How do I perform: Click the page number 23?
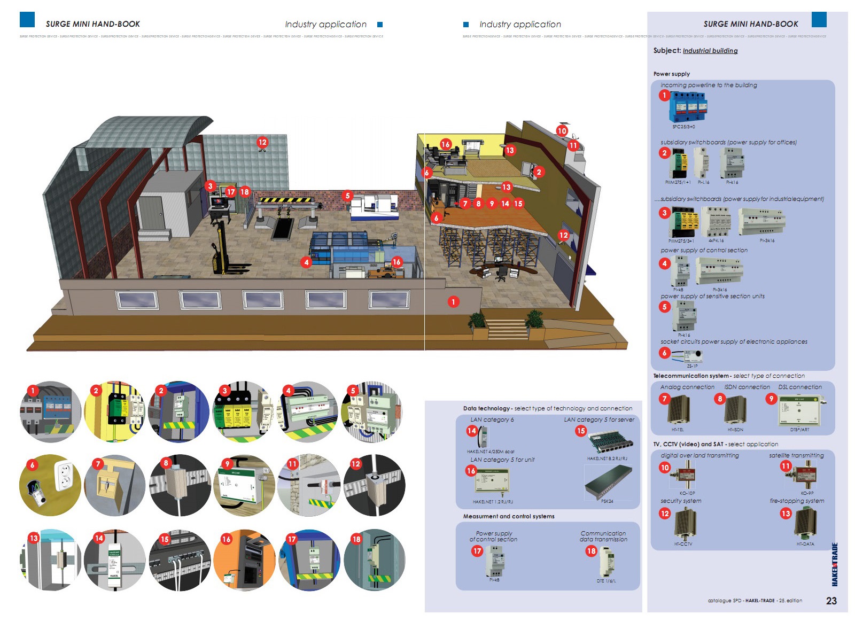(x=831, y=601)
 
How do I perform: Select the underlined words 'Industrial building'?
(x=710, y=51)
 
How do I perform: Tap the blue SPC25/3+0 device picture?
(x=689, y=106)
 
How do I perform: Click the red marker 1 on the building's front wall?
(x=453, y=302)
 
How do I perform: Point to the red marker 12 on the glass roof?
(x=262, y=142)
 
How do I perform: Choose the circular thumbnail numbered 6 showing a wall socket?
(x=50, y=485)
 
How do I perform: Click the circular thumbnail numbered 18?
(x=375, y=560)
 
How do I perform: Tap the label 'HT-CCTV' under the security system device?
(x=683, y=544)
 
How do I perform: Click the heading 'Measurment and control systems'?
(x=508, y=516)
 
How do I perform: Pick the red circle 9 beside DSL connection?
(x=771, y=399)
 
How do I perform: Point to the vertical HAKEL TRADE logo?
(x=834, y=564)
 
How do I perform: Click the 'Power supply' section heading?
(x=671, y=74)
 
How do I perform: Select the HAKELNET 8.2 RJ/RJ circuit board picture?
(x=610, y=442)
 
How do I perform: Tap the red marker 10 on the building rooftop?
(x=562, y=130)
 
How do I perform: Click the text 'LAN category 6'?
(x=492, y=419)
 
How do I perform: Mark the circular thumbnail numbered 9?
(x=244, y=485)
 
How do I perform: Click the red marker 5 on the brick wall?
(x=347, y=196)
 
